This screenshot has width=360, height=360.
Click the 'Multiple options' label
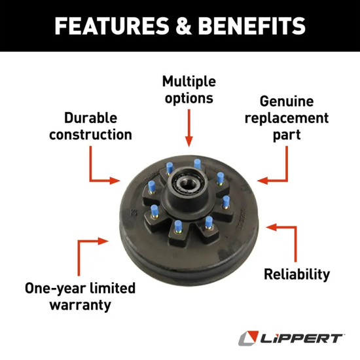tap(189, 90)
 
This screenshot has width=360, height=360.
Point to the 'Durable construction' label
tap(90, 126)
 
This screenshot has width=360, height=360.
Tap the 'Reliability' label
tap(297, 274)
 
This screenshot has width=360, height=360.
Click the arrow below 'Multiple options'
tap(189, 127)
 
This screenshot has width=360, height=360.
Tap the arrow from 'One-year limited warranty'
tap(88, 252)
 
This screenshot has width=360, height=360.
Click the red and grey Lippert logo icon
tap(246, 338)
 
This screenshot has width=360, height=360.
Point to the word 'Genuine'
tap(287, 101)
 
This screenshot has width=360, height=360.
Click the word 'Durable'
tap(90, 118)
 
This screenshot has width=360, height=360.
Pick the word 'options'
tap(189, 98)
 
